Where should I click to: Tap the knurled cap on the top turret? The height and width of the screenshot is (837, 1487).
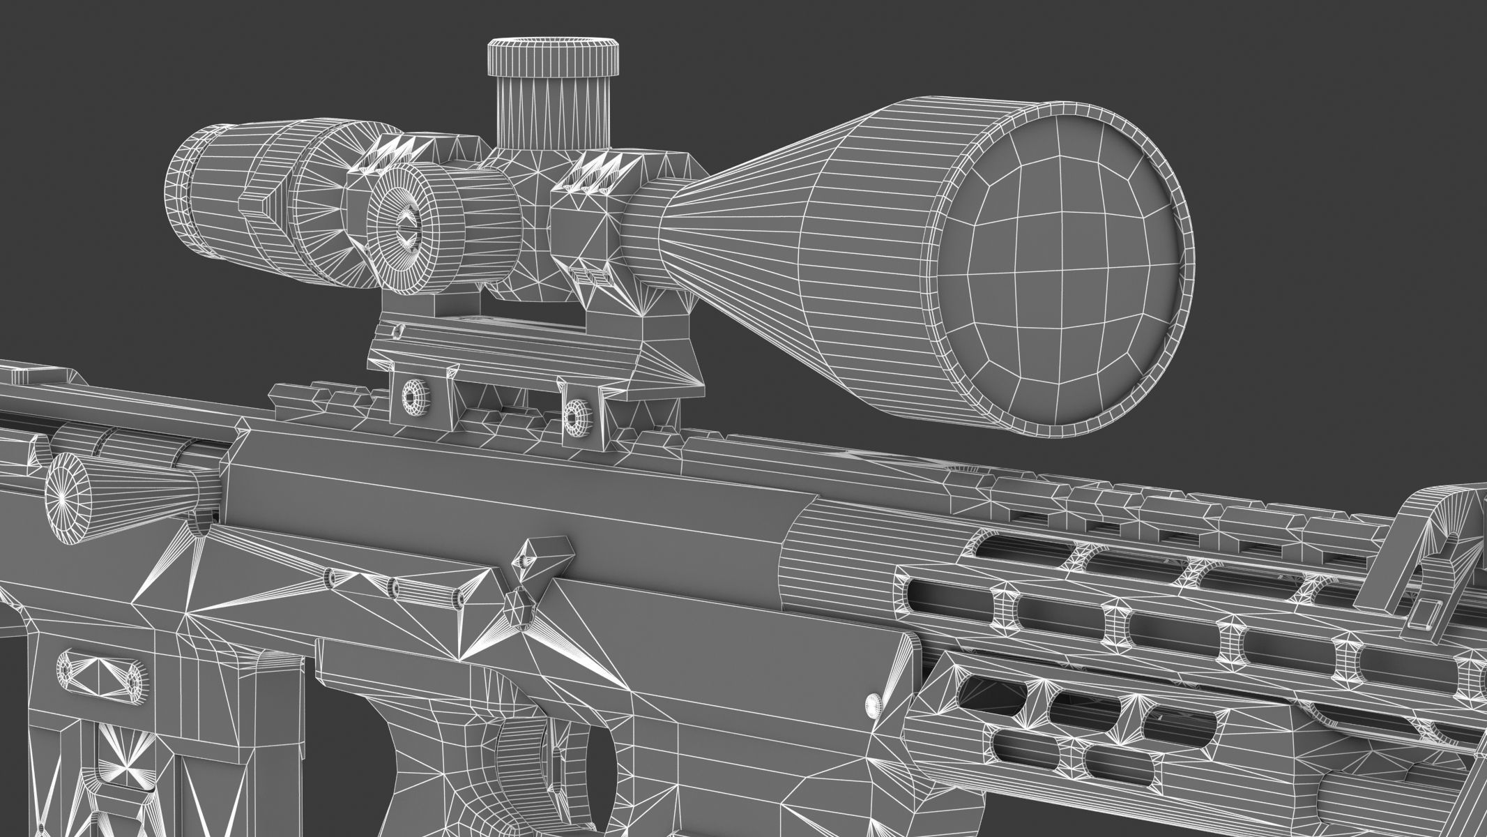(x=553, y=58)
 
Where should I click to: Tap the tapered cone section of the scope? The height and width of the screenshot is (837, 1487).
(x=739, y=230)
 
